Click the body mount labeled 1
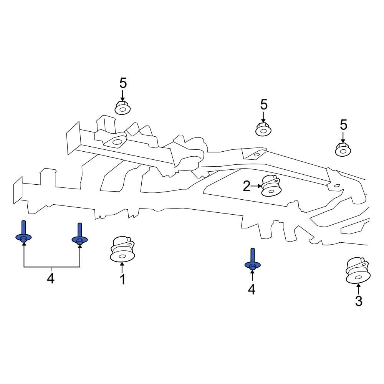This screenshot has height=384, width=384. pyautogui.click(x=122, y=250)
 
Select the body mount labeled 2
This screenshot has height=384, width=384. pyautogui.click(x=271, y=185)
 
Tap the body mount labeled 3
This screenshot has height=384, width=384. pyautogui.click(x=358, y=271)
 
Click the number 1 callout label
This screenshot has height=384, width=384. pyautogui.click(x=122, y=280)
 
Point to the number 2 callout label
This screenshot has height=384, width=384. pyautogui.click(x=247, y=187)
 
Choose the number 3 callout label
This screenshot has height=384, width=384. pyautogui.click(x=358, y=301)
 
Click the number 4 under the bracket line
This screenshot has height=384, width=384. pyautogui.click(x=51, y=279)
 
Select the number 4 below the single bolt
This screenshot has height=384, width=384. pyautogui.click(x=252, y=289)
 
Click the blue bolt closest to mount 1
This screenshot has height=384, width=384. pyautogui.click(x=80, y=235)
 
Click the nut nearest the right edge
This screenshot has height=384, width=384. pyautogui.click(x=343, y=149)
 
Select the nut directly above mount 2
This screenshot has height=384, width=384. pyautogui.click(x=263, y=129)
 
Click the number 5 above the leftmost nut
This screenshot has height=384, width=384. pyautogui.click(x=123, y=83)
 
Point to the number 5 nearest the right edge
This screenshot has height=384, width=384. pyautogui.click(x=343, y=125)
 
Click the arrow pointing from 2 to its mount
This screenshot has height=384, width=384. pyautogui.click(x=256, y=187)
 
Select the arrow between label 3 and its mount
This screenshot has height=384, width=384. pyautogui.click(x=358, y=289)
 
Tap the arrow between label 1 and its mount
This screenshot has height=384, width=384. pyautogui.click(x=122, y=268)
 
